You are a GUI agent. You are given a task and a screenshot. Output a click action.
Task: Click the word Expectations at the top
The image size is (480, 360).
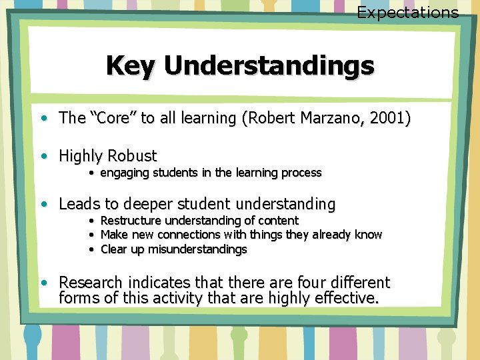407,12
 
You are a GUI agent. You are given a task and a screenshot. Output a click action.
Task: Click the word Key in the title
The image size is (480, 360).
131,65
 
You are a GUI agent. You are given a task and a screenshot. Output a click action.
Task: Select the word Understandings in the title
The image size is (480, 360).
269,65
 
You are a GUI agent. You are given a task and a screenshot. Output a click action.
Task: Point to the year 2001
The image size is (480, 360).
389,119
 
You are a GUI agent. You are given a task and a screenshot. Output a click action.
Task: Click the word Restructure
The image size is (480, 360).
131,220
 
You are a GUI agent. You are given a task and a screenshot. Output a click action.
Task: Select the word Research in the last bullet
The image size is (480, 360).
90,283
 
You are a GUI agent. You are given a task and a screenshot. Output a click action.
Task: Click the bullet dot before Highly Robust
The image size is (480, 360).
43,157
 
